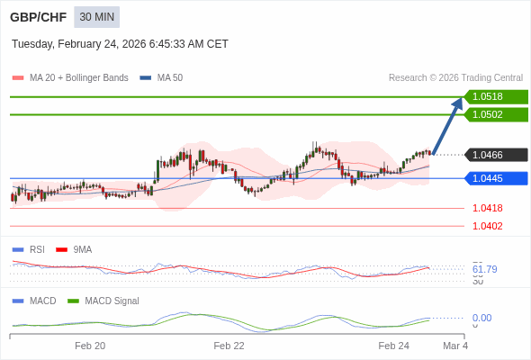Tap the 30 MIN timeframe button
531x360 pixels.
click(x=96, y=17)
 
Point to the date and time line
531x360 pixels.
click(x=120, y=44)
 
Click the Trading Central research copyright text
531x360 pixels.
click(x=455, y=77)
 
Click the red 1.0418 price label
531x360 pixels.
click(x=487, y=208)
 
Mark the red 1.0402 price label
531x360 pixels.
click(x=487, y=226)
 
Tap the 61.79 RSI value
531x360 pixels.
click(x=484, y=269)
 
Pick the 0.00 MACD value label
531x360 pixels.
click(x=481, y=318)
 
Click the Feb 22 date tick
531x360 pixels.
click(x=229, y=346)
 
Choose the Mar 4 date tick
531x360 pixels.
click(x=455, y=346)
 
